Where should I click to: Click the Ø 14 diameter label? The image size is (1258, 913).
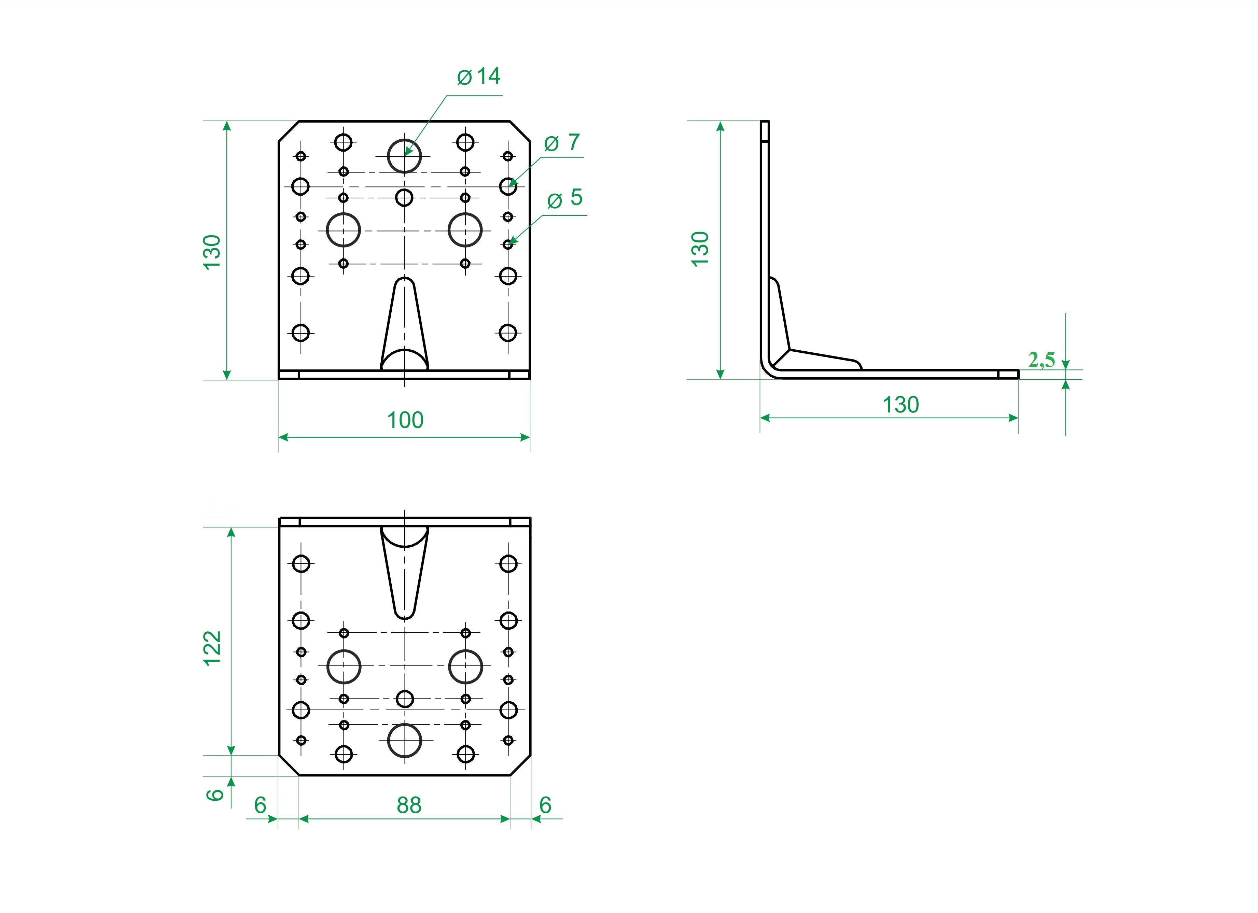(x=479, y=76)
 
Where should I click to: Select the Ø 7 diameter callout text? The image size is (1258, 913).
(x=562, y=143)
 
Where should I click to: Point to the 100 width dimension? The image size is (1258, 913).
(x=405, y=420)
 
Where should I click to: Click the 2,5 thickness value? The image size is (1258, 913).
(x=1042, y=360)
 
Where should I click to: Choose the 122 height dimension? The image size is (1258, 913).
(x=212, y=648)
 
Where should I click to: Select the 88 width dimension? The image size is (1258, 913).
(x=409, y=805)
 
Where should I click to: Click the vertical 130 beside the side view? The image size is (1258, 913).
(x=700, y=249)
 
